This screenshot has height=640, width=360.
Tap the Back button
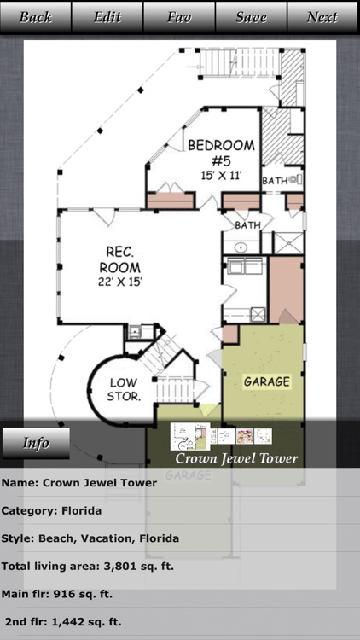point(36,17)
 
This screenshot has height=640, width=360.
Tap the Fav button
point(179,17)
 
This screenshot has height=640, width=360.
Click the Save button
point(251,17)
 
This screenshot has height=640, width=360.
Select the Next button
point(322,17)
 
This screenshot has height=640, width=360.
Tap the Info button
point(36,443)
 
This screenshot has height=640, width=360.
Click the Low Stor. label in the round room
point(124,390)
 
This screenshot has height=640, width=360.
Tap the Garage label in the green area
point(267,381)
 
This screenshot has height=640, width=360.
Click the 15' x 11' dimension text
point(221,175)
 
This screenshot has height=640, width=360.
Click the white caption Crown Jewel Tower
point(236,458)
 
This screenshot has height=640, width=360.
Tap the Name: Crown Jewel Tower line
point(79,483)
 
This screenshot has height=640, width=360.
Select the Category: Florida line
point(51,511)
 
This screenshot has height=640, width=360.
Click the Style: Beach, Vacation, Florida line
point(90,538)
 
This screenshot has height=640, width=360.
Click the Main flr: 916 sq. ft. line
point(56,594)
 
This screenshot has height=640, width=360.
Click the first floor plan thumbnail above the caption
point(189,436)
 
